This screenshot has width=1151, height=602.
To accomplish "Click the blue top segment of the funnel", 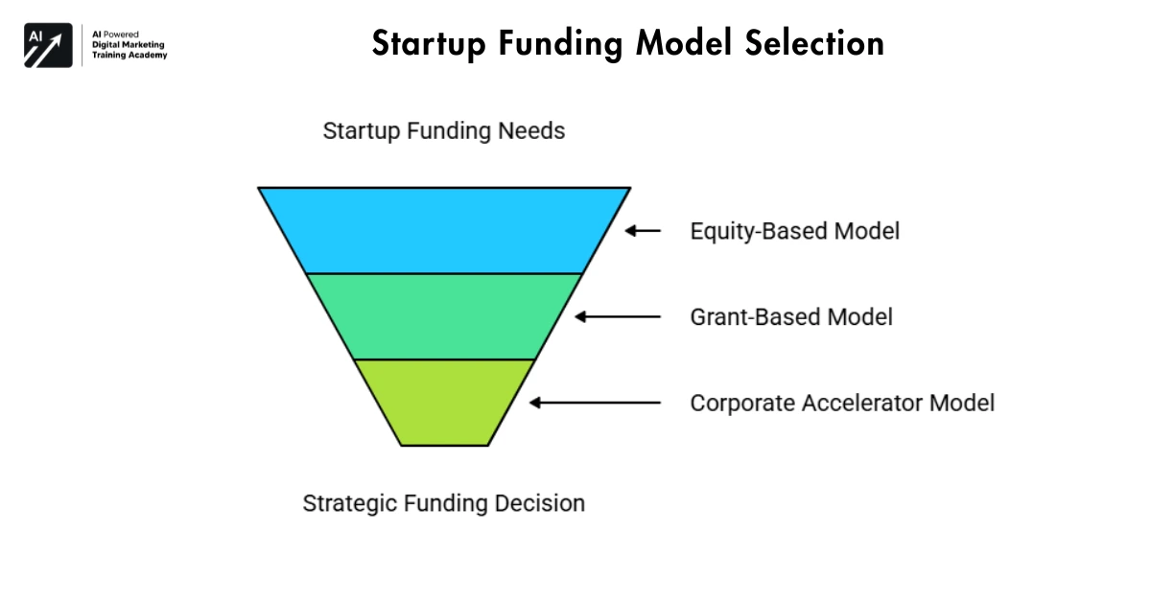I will tap(444, 230).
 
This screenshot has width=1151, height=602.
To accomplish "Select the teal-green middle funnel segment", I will tap(444, 315).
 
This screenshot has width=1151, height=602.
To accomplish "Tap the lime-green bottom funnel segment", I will tap(444, 401).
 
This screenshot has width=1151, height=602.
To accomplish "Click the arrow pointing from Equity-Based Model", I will tap(644, 230).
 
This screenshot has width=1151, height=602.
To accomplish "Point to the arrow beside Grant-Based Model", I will tap(618, 315).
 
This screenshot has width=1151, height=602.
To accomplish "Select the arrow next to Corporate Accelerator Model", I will tap(595, 403).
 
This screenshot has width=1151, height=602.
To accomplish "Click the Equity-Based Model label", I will tap(794, 231).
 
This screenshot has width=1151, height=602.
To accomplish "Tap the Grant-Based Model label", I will tap(791, 316).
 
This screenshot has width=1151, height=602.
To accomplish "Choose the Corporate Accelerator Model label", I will tap(842, 403).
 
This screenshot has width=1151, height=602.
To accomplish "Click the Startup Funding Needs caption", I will tap(444, 131).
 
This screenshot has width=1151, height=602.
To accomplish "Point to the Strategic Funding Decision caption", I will tap(444, 503).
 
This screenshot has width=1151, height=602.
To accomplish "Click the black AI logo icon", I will tap(48, 45).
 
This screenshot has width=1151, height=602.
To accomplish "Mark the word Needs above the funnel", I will tap(532, 131).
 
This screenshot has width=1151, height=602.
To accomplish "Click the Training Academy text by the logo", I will tap(129, 56).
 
